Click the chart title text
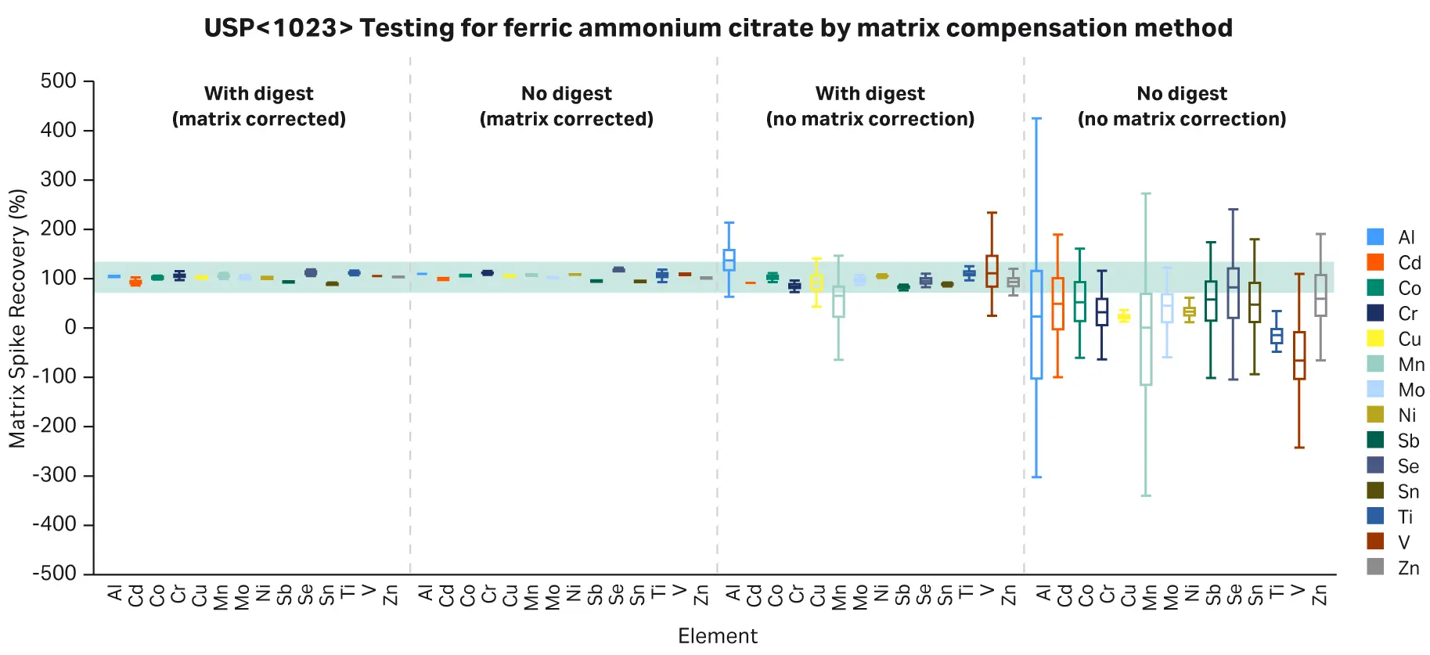[x=718, y=28]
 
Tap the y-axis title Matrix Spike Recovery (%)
[x=17, y=319]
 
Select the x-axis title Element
[x=717, y=636]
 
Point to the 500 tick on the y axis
[x=59, y=81]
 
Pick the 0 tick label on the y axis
[x=70, y=327]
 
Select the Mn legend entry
[x=1397, y=365]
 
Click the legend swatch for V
[x=1375, y=542]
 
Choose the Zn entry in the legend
[x=1397, y=568]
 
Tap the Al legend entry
[x=1397, y=237]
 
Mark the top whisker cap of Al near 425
[x=1036, y=119]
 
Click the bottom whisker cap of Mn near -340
[x=1146, y=495]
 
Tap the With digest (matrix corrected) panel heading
[x=259, y=106]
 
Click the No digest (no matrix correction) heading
[x=1181, y=106]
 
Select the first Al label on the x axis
[x=115, y=594]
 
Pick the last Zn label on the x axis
[x=1320, y=596]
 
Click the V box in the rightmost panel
[x=1299, y=356]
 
